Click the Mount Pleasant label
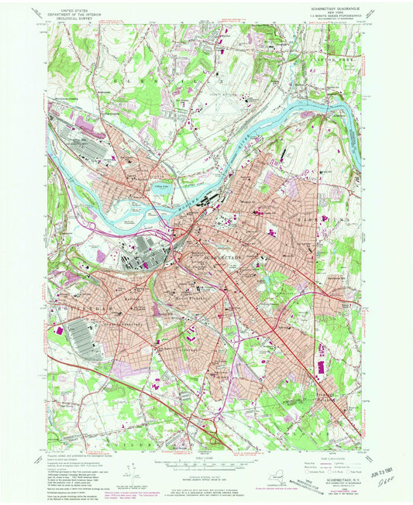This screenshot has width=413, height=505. (x=180, y=290)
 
